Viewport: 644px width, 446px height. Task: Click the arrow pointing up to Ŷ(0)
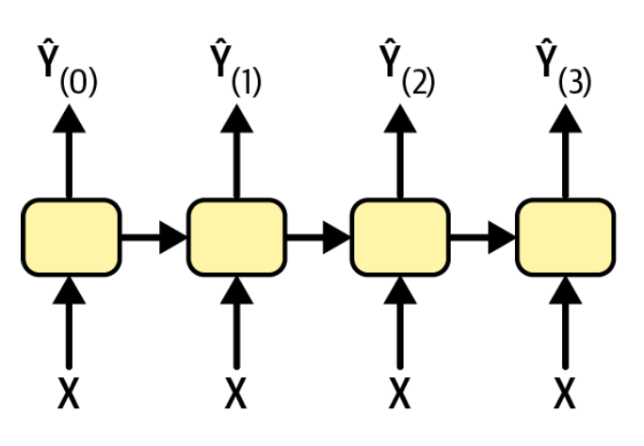(x=70, y=151)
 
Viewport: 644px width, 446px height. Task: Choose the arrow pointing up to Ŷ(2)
(x=400, y=151)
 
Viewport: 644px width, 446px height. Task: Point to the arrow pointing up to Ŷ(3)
(x=565, y=151)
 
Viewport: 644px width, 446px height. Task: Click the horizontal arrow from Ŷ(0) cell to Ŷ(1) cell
(x=153, y=236)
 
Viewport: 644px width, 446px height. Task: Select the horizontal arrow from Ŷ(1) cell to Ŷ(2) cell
(x=318, y=236)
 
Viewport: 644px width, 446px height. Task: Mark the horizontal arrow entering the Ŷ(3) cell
(x=483, y=236)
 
